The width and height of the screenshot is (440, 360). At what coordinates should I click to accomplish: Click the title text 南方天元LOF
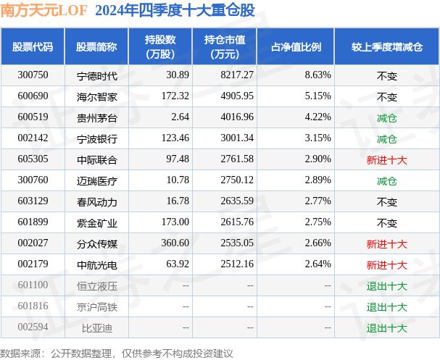pos(43,10)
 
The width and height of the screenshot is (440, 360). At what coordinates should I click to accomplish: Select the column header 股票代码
pos(33,46)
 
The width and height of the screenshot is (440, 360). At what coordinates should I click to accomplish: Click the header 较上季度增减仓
pos(386,46)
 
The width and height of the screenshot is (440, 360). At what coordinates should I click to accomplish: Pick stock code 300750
pos(33,75)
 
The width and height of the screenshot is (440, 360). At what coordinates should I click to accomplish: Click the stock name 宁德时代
pos(96,75)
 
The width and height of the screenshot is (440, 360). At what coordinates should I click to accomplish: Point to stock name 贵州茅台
pos(96,117)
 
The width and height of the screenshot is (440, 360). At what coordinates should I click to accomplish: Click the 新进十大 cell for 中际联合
pos(386,159)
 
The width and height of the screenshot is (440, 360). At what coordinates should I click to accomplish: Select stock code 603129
pos(33,201)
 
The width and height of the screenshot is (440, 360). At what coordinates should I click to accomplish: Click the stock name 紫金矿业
pos(96,222)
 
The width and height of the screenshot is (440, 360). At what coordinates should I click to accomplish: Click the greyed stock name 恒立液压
pos(96,285)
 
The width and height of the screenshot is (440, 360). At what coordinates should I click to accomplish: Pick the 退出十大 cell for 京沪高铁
pos(386,306)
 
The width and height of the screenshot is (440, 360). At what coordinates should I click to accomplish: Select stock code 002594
pos(33,327)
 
